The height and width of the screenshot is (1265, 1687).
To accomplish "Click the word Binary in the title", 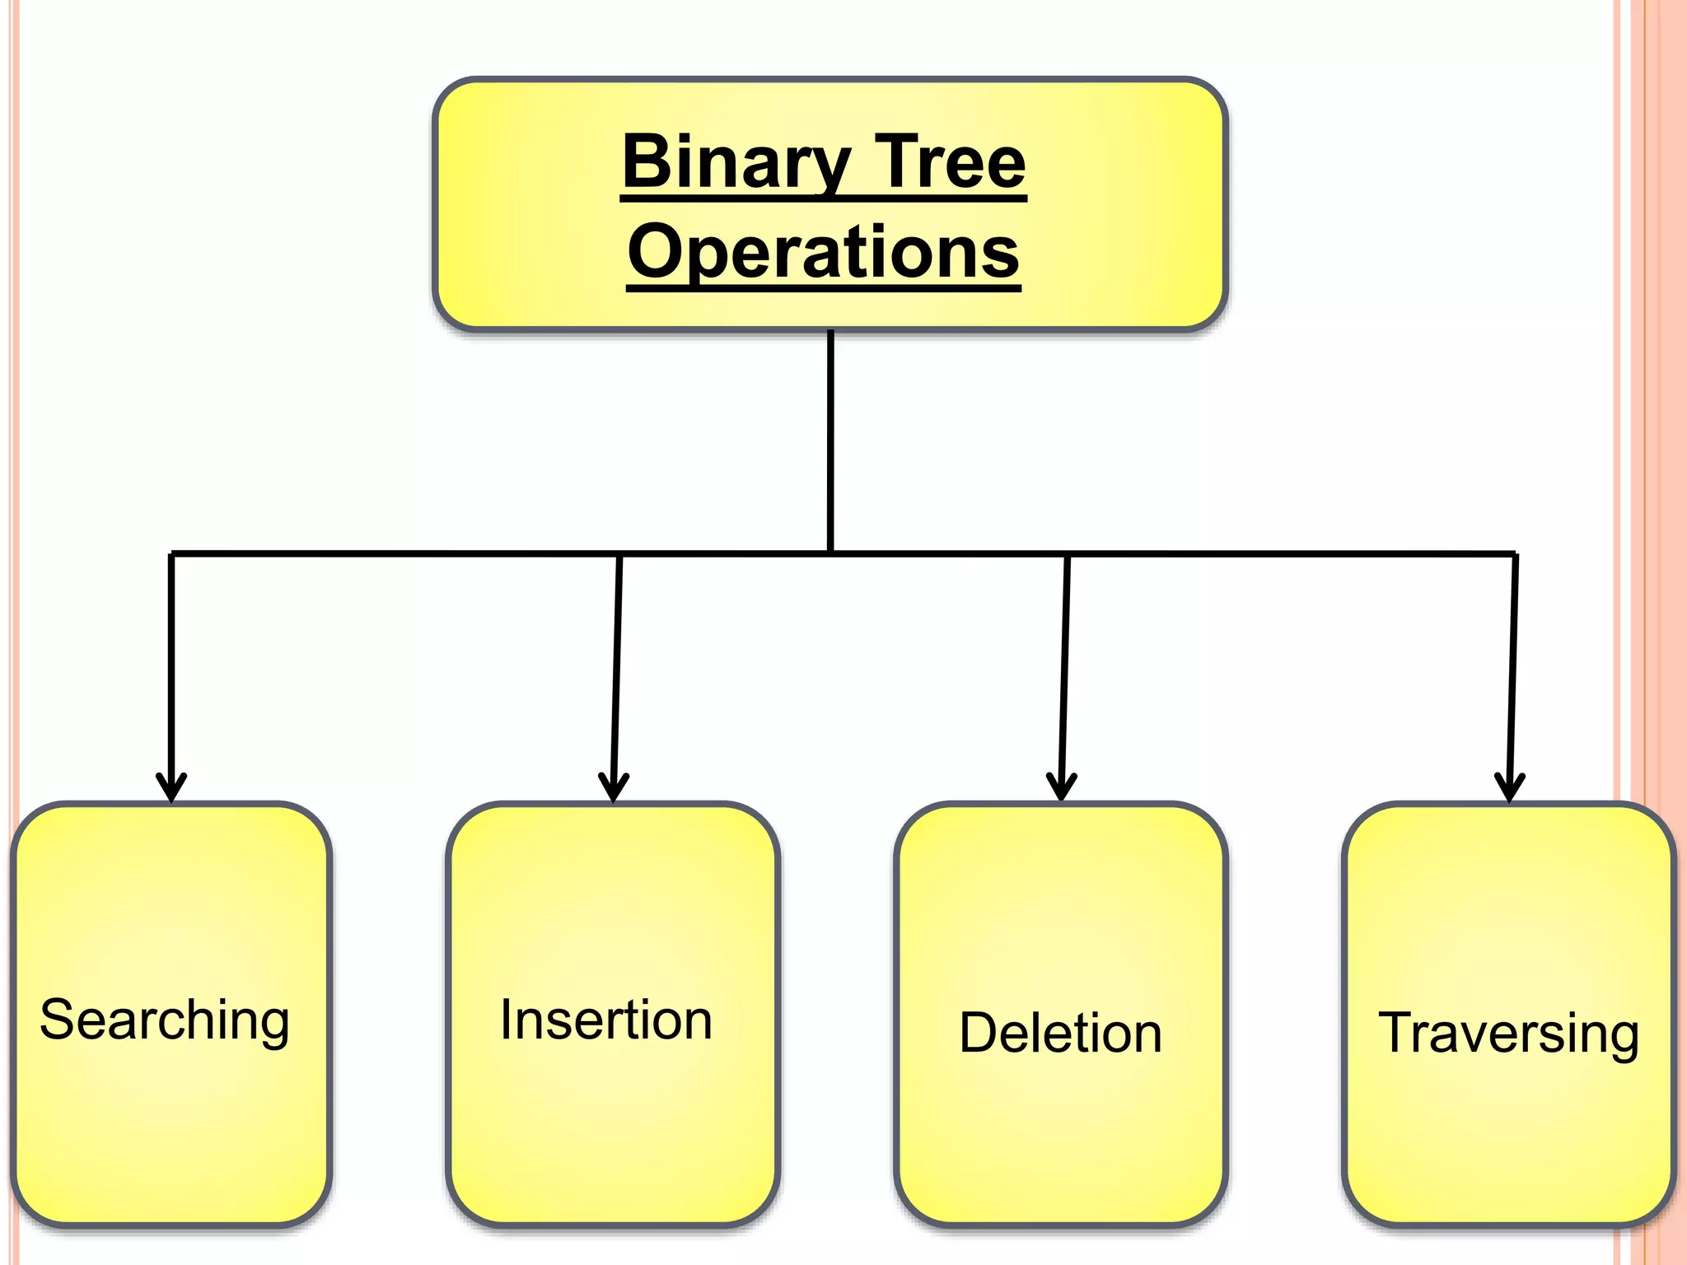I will pyautogui.click(x=736, y=162).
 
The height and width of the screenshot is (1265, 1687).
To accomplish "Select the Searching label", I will pyautogui.click(x=165, y=1020).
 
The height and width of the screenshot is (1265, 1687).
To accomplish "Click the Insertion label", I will pyautogui.click(x=605, y=1020).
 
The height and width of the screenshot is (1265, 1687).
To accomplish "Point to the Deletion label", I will pyautogui.click(x=1060, y=1033).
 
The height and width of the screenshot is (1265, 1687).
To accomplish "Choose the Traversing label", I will pyautogui.click(x=1508, y=1033).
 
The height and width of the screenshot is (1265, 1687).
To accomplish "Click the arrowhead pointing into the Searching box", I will pyautogui.click(x=171, y=789).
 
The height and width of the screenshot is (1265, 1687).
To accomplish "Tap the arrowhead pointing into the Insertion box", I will pyautogui.click(x=614, y=789).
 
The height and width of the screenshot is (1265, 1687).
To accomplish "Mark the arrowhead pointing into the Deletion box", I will pyautogui.click(x=1062, y=789).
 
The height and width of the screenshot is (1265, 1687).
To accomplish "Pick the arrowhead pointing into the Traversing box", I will pyautogui.click(x=1509, y=789).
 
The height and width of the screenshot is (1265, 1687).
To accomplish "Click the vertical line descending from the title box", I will pyautogui.click(x=830, y=436).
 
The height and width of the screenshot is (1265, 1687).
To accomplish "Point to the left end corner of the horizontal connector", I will pyautogui.click(x=172, y=553).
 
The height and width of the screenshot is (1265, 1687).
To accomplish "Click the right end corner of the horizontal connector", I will pyautogui.click(x=1514, y=554).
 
